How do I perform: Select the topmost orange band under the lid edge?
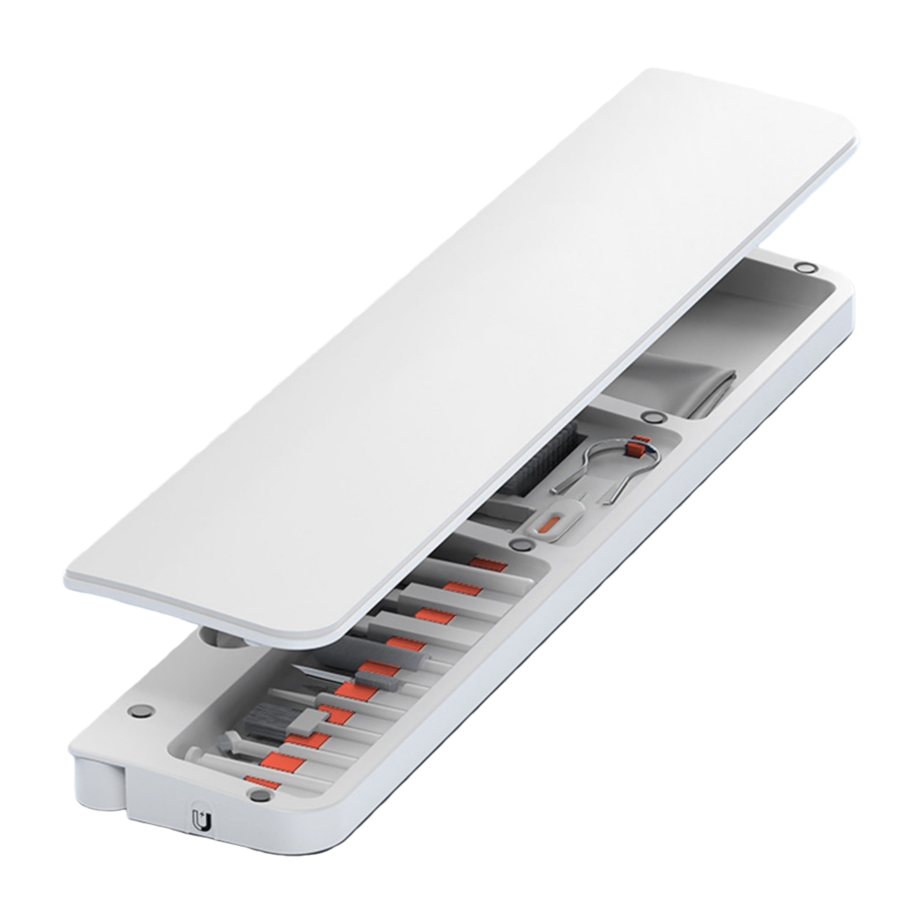click(488, 566)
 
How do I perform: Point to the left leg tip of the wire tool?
click(555, 492)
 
